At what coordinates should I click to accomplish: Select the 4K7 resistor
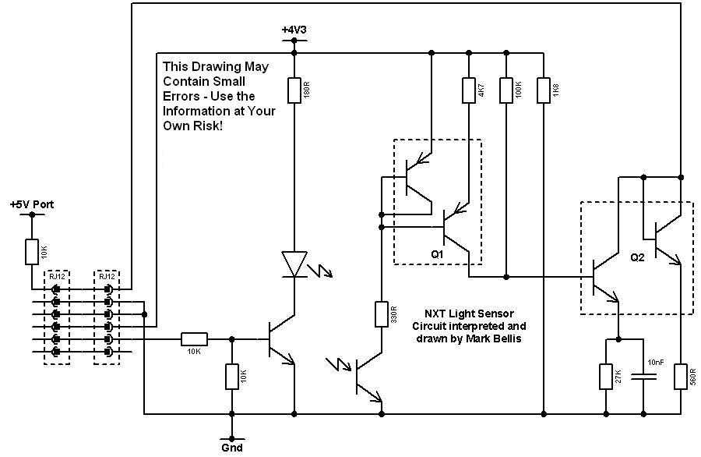(x=468, y=90)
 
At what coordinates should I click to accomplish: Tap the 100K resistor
(x=506, y=90)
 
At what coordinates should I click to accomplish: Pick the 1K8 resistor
(x=544, y=90)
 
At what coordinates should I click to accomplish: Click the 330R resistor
(x=382, y=314)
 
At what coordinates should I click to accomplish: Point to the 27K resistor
(x=606, y=377)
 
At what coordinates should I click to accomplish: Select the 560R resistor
(x=681, y=377)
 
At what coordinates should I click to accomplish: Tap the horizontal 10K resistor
(x=194, y=339)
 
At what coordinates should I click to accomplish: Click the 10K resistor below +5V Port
(x=32, y=252)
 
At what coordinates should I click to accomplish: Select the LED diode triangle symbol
(x=294, y=264)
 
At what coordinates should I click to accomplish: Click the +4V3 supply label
(x=294, y=30)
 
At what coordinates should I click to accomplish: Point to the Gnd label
(x=231, y=448)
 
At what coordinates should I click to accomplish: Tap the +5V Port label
(x=32, y=204)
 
